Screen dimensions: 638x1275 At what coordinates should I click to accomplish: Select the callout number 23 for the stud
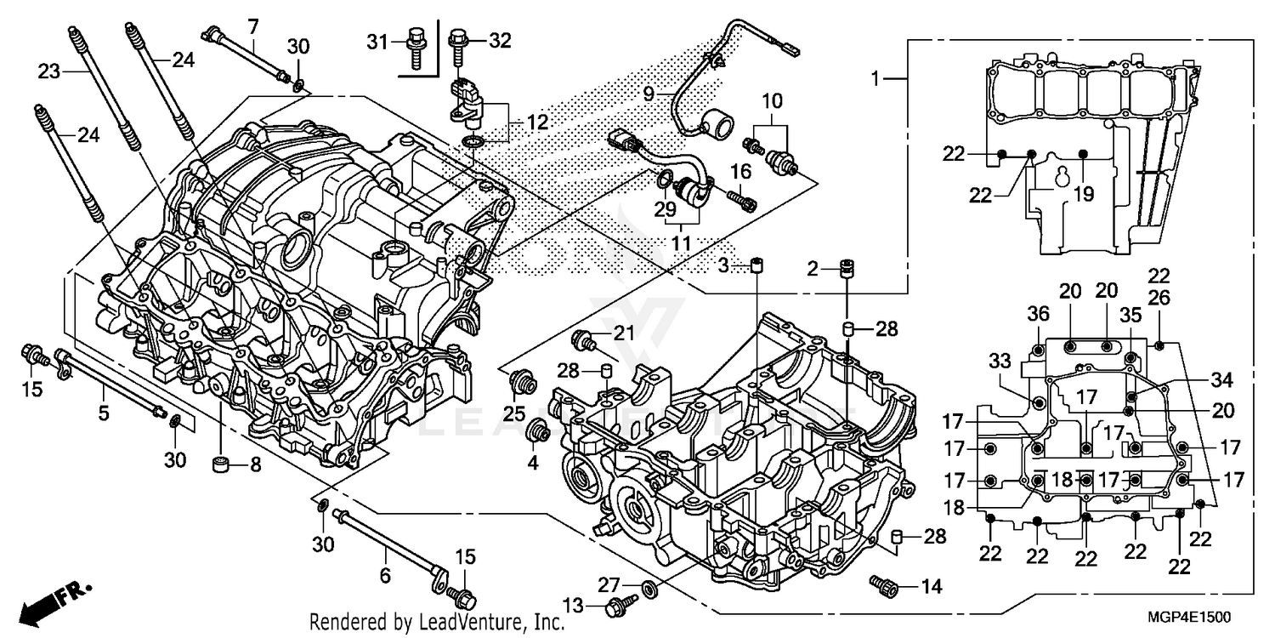click(49, 72)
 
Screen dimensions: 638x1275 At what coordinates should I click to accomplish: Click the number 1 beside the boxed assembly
click(875, 78)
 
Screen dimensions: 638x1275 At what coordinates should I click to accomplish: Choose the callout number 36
click(1037, 313)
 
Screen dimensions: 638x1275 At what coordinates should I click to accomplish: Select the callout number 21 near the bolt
click(624, 333)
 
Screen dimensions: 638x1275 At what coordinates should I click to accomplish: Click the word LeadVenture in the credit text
click(462, 622)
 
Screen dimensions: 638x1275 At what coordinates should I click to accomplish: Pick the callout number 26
click(1159, 297)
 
